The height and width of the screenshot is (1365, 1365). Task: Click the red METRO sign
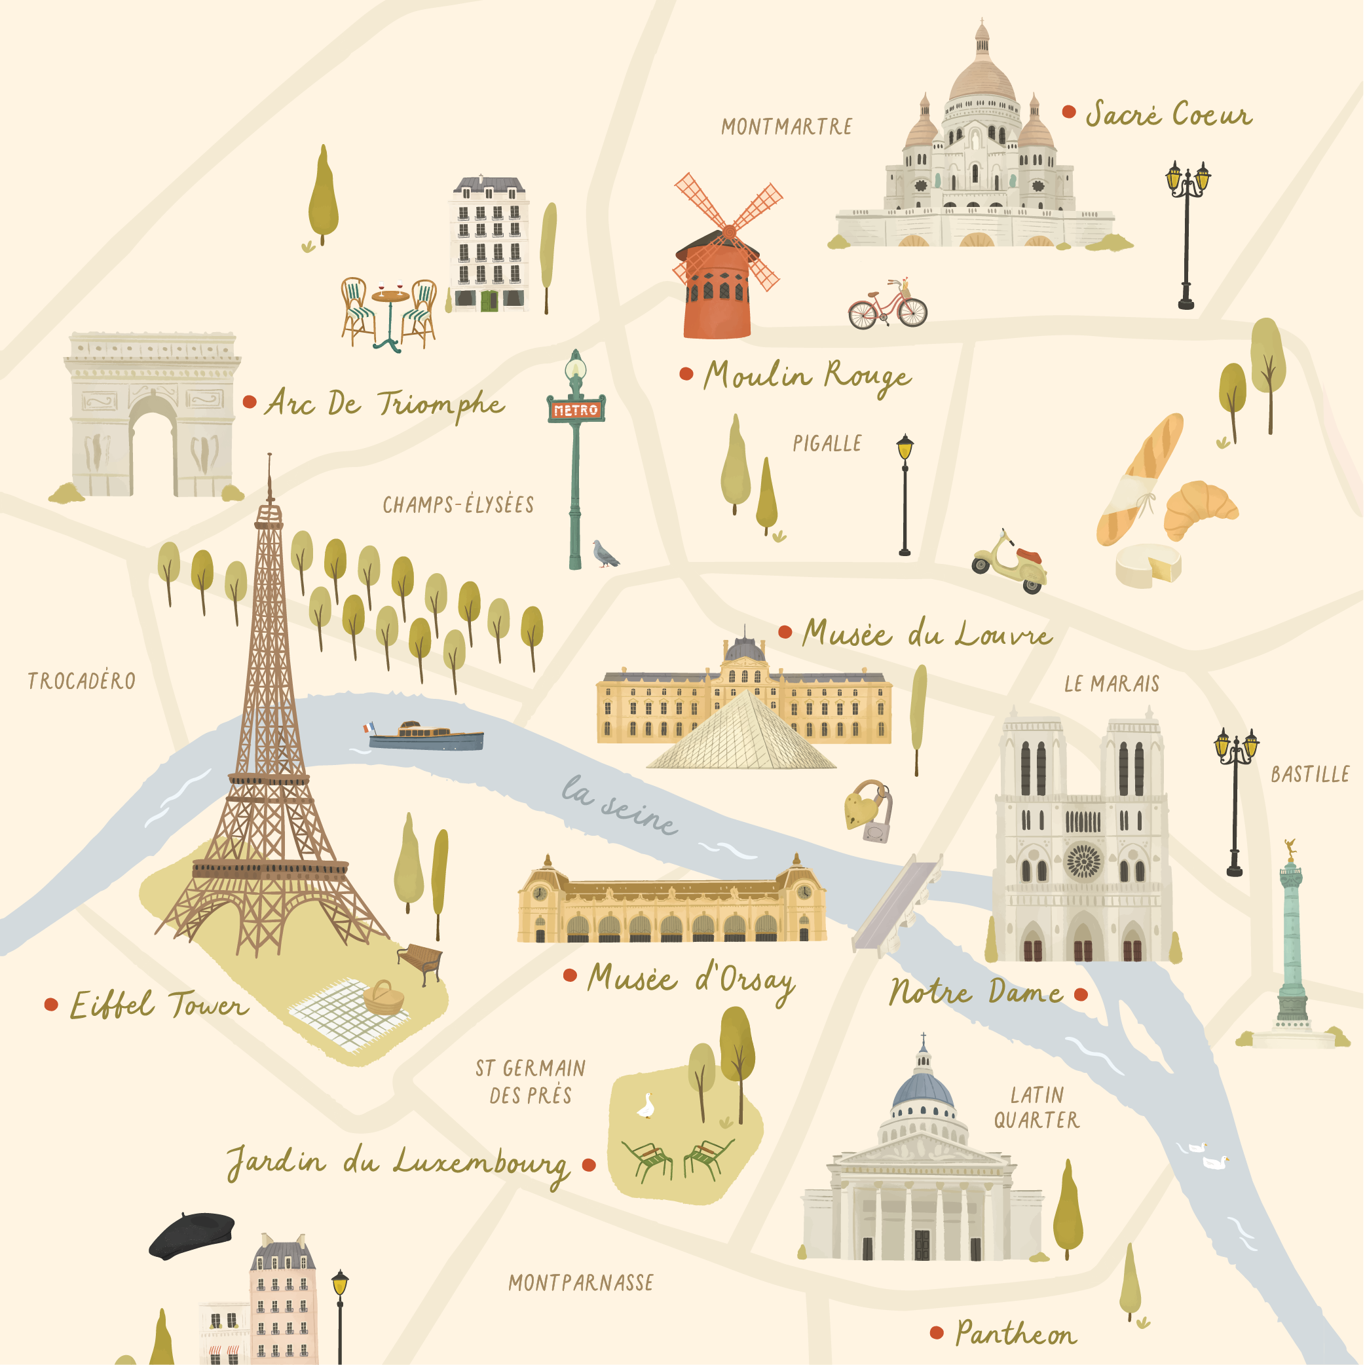coord(576,410)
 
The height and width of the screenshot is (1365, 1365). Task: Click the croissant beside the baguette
coord(1201,510)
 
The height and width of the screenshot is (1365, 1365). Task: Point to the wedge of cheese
coord(1148,565)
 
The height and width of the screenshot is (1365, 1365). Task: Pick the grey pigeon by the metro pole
coord(605,553)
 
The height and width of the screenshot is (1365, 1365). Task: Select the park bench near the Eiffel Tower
coord(421,961)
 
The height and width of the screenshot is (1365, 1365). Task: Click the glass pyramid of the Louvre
coord(742,735)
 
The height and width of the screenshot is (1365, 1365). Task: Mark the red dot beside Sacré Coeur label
coord(1069,111)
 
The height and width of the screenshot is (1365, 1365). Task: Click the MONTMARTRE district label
coord(787,127)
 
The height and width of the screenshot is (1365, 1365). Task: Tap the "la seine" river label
coord(619,806)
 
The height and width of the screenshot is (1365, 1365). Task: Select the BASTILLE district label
coord(1310,775)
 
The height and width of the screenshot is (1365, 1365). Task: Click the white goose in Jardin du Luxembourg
coord(646,1106)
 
